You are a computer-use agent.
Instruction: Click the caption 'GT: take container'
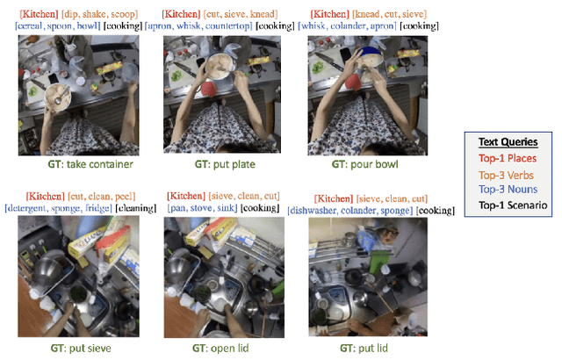point(90,164)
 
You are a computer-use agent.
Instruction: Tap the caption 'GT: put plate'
point(225,164)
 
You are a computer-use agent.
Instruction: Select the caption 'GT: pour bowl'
point(364,164)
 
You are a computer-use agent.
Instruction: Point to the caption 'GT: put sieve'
point(81,349)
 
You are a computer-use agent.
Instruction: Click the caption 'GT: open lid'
point(220,349)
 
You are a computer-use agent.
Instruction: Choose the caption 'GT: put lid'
point(364,349)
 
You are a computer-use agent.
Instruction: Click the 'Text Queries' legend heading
point(508,142)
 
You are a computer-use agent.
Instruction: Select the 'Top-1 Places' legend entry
point(508,158)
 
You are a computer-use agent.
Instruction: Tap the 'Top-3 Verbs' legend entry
point(506,175)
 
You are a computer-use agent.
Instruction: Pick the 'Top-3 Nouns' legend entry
point(508,189)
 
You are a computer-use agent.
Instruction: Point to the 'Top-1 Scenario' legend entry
point(513,205)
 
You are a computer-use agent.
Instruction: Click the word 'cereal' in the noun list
point(30,25)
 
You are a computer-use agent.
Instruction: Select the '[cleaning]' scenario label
point(136,208)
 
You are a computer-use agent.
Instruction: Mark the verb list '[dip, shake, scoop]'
point(99,14)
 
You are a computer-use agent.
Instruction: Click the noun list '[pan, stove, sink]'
point(202,208)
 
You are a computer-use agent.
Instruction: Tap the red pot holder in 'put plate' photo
point(209,89)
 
